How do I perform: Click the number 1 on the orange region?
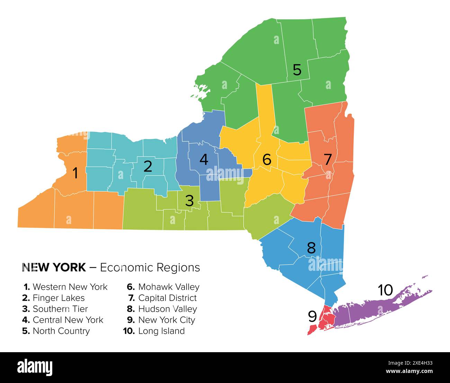[x=75, y=173]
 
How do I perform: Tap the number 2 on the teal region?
[x=147, y=167]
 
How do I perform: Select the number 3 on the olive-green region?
[x=189, y=201]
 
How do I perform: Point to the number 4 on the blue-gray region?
[x=204, y=160]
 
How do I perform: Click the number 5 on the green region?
[x=297, y=70]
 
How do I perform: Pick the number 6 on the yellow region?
[x=267, y=160]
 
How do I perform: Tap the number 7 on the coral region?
[x=327, y=160]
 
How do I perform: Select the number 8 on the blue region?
[x=311, y=248]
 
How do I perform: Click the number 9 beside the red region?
[x=312, y=316]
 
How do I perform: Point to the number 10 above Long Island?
[x=385, y=290]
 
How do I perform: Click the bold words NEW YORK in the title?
[x=54, y=267]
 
